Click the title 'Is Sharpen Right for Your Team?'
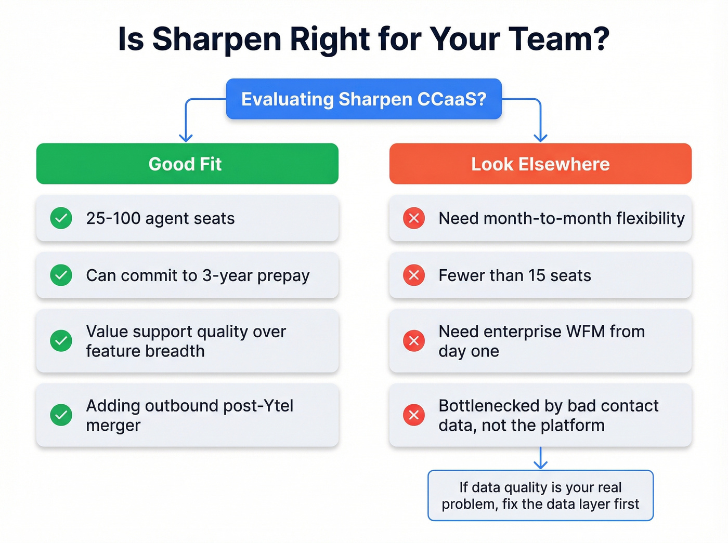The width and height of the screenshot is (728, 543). pyautogui.click(x=363, y=39)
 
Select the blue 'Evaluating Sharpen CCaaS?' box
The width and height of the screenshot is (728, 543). pyautogui.click(x=363, y=99)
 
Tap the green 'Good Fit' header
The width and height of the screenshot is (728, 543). pyautogui.click(x=187, y=164)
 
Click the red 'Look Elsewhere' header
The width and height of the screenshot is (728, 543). pyautogui.click(x=540, y=164)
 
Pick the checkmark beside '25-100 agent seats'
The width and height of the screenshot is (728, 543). pyautogui.click(x=61, y=218)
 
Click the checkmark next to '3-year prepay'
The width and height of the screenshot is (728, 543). pyautogui.click(x=61, y=275)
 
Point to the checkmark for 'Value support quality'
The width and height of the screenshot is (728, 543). pyautogui.click(x=61, y=341)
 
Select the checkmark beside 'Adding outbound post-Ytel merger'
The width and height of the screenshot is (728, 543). pyautogui.click(x=61, y=415)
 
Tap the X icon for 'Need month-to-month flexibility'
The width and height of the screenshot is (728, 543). pyautogui.click(x=414, y=218)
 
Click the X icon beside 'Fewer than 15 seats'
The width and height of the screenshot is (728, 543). pyautogui.click(x=414, y=275)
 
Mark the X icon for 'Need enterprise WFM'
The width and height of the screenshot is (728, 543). pyautogui.click(x=414, y=341)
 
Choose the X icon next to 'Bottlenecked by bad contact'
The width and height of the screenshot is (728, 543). pyautogui.click(x=414, y=415)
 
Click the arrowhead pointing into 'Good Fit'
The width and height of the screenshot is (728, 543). pyautogui.click(x=186, y=138)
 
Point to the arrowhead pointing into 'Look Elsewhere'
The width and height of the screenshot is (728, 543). pyautogui.click(x=540, y=138)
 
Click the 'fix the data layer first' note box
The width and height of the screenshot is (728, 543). pyautogui.click(x=540, y=495)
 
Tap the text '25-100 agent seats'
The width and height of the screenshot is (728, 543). pyautogui.click(x=160, y=218)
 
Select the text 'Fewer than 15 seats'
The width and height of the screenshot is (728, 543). pyautogui.click(x=515, y=275)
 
